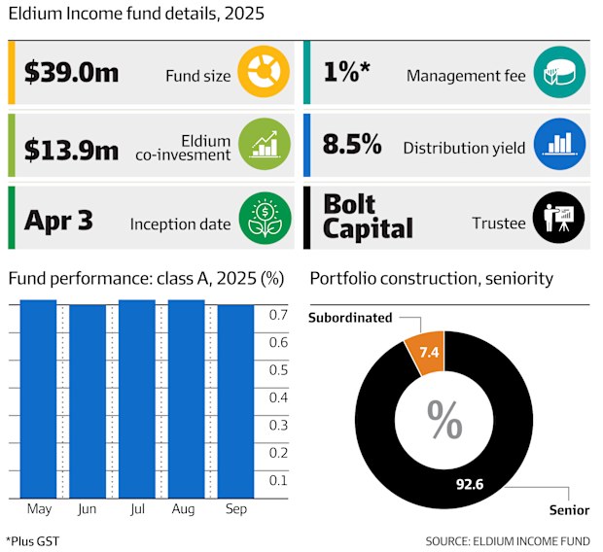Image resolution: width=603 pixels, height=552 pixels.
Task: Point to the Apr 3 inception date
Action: [59, 221]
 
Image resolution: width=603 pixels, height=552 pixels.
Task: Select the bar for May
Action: [38, 398]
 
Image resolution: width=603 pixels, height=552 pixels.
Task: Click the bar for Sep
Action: [235, 400]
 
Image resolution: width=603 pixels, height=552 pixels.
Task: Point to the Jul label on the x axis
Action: [136, 509]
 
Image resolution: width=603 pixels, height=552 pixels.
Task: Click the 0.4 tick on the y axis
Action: [277, 397]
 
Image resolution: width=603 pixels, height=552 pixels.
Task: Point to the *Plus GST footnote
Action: [34, 539]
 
